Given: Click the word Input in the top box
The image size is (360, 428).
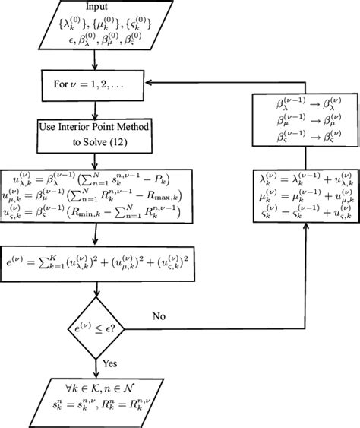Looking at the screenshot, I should (x=93, y=8).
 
